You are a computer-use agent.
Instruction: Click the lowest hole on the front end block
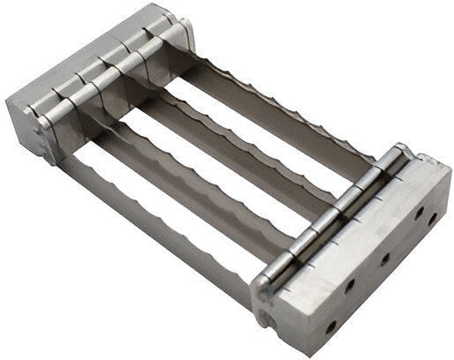(330, 327)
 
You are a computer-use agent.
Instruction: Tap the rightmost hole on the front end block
(435, 214)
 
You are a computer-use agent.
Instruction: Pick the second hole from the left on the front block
(352, 287)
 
